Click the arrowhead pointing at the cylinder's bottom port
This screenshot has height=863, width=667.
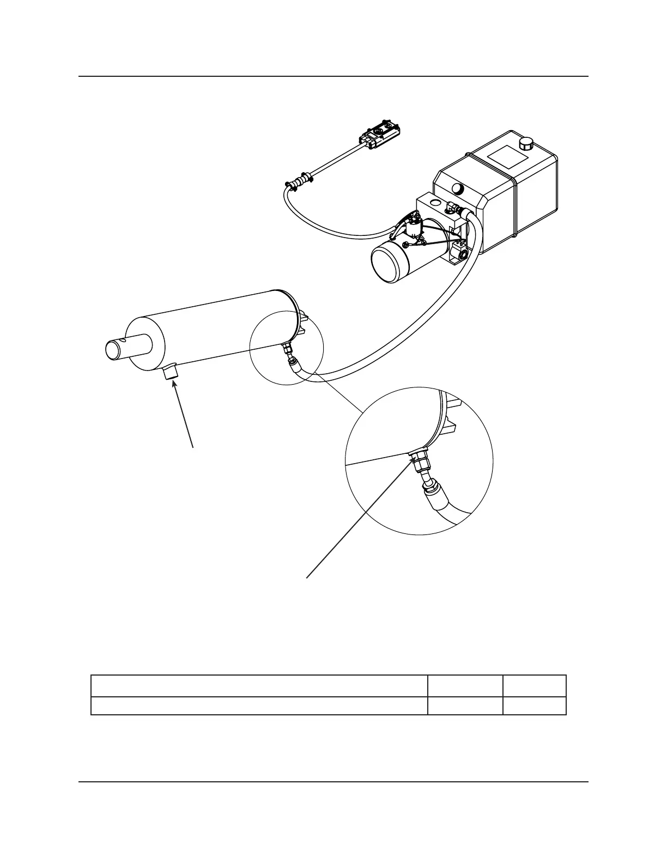coord(175,384)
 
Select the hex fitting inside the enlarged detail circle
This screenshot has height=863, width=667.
coord(421,460)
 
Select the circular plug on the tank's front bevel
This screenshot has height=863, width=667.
coord(458,189)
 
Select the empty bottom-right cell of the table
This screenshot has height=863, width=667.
coord(535,706)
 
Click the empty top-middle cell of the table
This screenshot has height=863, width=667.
coord(465,686)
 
